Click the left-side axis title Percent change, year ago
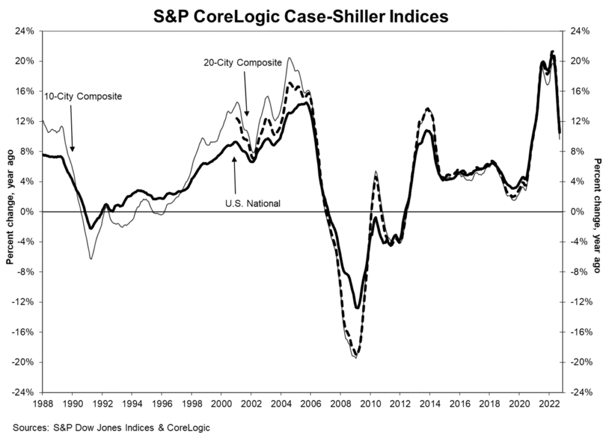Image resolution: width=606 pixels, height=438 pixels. (10, 211)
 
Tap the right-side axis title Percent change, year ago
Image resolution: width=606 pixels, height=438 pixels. (596, 211)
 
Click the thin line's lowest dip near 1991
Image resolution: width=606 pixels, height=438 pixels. (91, 259)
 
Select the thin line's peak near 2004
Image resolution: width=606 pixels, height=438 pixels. (289, 58)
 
